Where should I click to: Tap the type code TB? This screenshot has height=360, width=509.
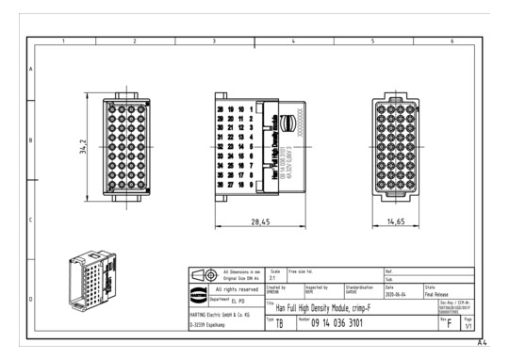click(279, 323)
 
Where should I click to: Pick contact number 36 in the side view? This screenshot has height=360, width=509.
click(221, 185)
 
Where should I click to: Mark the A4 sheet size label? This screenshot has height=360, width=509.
click(483, 345)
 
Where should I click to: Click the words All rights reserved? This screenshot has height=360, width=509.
click(237, 289)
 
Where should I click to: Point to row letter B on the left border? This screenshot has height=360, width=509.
click(31, 141)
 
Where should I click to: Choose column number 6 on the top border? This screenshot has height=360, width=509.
click(452, 41)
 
